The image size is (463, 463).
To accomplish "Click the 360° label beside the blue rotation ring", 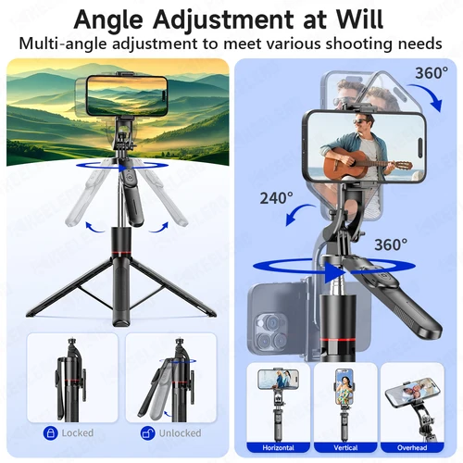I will point(390,244).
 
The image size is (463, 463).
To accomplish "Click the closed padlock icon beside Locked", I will point(49,432).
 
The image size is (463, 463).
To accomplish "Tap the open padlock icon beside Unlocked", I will point(146,432).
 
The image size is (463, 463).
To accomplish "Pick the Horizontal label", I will point(278,447).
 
